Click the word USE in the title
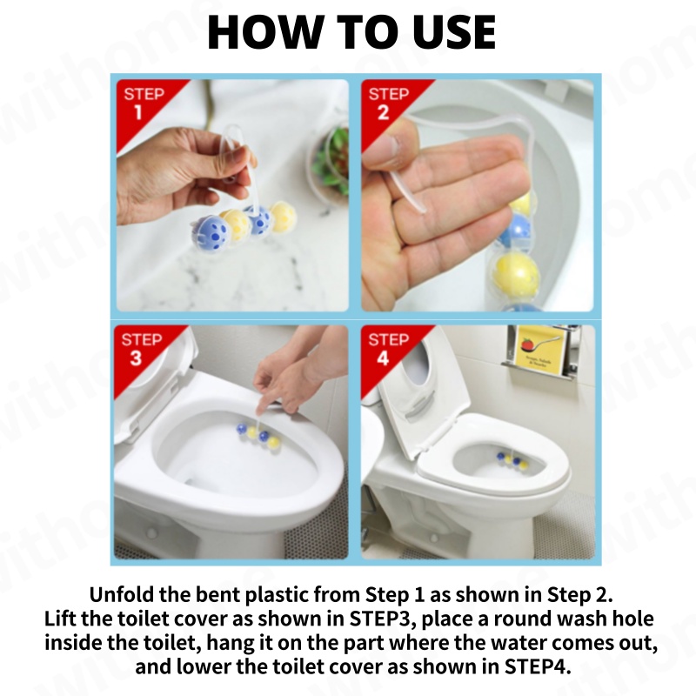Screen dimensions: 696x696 click(x=454, y=31)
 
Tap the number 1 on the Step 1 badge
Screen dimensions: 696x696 click(x=138, y=112)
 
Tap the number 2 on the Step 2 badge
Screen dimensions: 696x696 click(x=384, y=112)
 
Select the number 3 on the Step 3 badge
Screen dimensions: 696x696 click(x=136, y=358)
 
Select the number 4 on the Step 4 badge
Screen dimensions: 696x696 click(x=383, y=358)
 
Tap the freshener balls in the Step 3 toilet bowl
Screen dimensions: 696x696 click(x=258, y=434)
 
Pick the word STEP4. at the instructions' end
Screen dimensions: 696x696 click(x=538, y=666)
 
